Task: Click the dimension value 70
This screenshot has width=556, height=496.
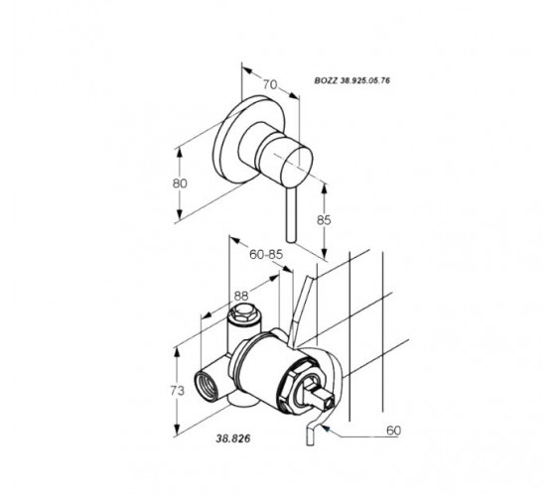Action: click(270, 84)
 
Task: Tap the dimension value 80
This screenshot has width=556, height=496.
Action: click(180, 184)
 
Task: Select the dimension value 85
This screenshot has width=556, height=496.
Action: click(324, 220)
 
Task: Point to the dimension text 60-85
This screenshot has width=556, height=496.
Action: click(266, 254)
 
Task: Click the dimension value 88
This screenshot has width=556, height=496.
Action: click(241, 296)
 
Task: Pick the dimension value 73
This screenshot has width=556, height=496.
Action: click(178, 391)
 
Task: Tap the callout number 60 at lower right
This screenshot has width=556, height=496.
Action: click(393, 431)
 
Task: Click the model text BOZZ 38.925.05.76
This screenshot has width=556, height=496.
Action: click(352, 80)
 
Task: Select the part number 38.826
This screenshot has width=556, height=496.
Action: click(233, 438)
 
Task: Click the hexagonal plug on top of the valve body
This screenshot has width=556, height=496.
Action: click(243, 312)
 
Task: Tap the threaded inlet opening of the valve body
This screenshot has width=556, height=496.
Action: click(207, 385)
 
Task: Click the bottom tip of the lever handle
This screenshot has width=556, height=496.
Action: click(291, 240)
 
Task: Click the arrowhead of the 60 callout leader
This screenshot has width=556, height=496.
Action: click(327, 429)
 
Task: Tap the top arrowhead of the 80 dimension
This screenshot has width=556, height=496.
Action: click(180, 153)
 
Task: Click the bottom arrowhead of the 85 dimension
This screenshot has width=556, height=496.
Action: click(324, 254)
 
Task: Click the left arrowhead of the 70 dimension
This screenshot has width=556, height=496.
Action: click(247, 70)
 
